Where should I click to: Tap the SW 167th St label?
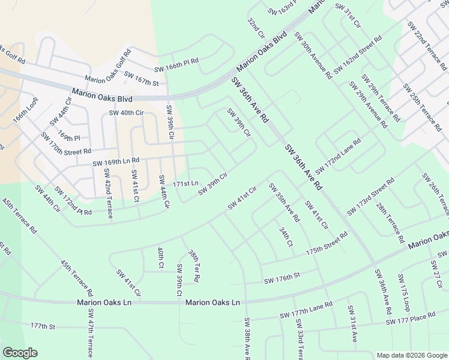(140, 78)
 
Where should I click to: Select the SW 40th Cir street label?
(126, 113)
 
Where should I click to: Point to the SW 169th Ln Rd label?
(116, 161)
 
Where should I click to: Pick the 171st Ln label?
(185, 183)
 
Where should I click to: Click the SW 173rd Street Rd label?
(370, 196)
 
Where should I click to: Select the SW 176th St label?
(282, 278)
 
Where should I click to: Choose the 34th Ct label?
(286, 236)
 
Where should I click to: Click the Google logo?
(20, 353)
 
